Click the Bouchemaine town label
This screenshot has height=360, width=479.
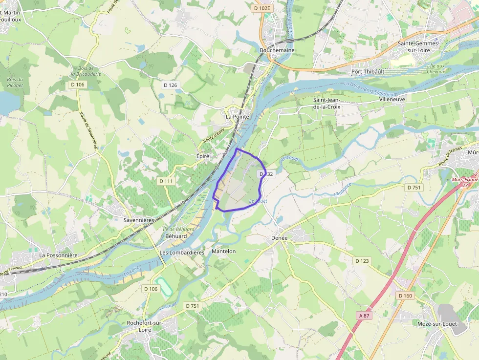(277, 50)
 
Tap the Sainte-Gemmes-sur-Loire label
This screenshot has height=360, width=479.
(418, 46)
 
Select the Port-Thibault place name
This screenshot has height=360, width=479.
(368, 71)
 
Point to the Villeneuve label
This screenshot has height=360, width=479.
(392, 99)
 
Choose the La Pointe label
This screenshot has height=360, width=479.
(238, 117)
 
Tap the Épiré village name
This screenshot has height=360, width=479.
(203, 156)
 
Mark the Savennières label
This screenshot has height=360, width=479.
(139, 220)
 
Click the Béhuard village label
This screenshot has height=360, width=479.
(176, 236)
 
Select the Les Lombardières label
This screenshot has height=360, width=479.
(182, 253)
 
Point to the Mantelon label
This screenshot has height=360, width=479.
(224, 251)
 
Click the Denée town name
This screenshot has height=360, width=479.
(280, 238)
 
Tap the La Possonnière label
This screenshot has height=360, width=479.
(59, 255)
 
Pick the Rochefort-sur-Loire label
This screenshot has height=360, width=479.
(145, 326)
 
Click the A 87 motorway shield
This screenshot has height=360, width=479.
(365, 316)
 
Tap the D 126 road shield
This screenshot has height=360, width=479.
(170, 85)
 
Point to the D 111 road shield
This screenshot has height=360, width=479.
(166, 181)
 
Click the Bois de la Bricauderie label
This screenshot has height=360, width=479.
(85, 71)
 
